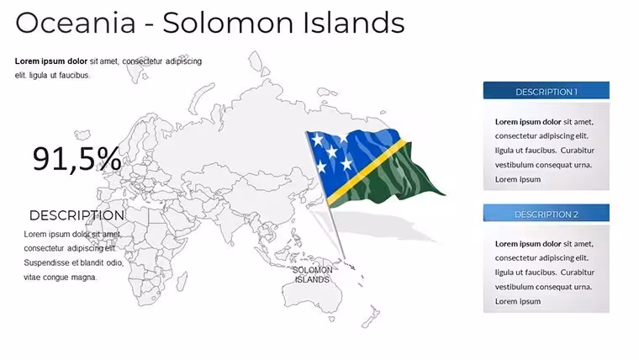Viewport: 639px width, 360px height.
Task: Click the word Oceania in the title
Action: click(76, 23)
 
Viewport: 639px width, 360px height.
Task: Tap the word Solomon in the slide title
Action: click(228, 23)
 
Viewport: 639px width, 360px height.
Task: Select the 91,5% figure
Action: click(77, 159)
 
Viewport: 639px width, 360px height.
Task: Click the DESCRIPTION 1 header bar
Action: click(546, 91)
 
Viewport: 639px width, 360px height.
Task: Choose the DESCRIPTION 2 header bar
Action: click(546, 213)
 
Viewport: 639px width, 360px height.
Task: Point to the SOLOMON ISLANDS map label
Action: click(312, 275)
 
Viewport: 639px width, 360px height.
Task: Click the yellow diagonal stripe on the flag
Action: click(367, 172)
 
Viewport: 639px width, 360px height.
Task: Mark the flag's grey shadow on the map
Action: click(375, 226)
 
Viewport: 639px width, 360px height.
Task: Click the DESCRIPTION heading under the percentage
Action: click(77, 215)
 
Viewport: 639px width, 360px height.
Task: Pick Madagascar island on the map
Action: click(182, 281)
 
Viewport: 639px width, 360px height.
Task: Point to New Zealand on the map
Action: click(370, 316)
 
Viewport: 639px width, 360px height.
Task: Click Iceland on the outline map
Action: click(82, 135)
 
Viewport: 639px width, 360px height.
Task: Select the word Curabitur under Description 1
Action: click(577, 151)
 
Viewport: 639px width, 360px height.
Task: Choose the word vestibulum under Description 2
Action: click(514, 287)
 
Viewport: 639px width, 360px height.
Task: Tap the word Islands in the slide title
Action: click(354, 23)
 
